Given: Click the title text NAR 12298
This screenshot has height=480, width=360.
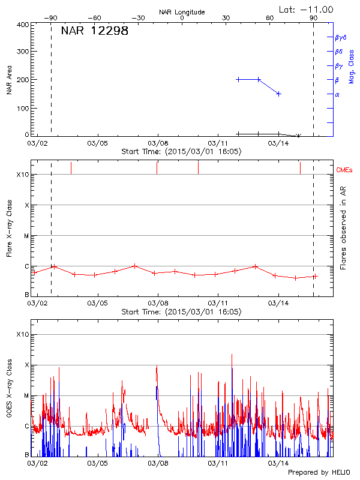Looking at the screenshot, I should pyautogui.click(x=94, y=31).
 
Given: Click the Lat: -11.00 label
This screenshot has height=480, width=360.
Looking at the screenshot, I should pyautogui.click(x=307, y=9).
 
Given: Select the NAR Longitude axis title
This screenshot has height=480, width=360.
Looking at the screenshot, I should pyautogui.click(x=182, y=12).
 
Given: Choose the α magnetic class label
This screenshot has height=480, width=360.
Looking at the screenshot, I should pyautogui.click(x=337, y=94).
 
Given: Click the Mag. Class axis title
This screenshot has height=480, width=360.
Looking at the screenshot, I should pyautogui.click(x=352, y=67).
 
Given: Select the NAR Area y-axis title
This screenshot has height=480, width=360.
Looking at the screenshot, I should pyautogui.click(x=9, y=80).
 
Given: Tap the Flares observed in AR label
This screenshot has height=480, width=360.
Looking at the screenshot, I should pyautogui.click(x=343, y=227).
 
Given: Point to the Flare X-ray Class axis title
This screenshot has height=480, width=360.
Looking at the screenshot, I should pyautogui.click(x=9, y=228).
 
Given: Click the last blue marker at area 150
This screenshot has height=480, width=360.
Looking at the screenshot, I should pyautogui.click(x=279, y=94).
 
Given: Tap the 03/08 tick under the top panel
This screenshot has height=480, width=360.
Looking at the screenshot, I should pyautogui.click(x=158, y=143).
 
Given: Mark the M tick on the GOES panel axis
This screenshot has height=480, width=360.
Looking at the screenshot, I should pyautogui.click(x=26, y=395).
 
